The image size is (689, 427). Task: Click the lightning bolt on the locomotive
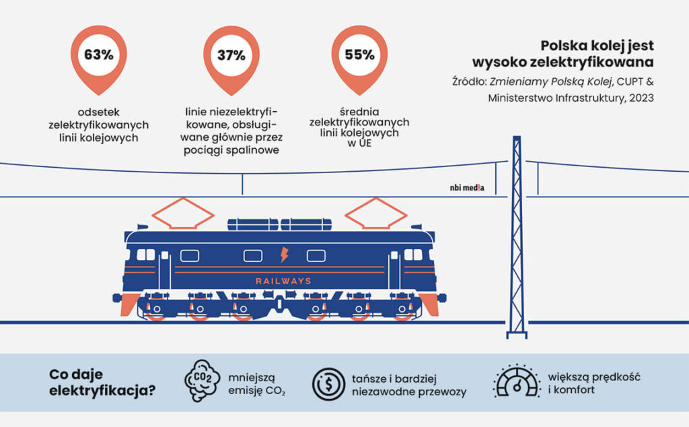283,255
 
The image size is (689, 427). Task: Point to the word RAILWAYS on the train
283,281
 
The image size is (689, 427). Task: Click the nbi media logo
468,189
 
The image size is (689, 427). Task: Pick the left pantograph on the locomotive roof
182,213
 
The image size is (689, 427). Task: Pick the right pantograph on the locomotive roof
375,213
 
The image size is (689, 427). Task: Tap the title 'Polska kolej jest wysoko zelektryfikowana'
597,55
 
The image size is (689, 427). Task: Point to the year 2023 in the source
639,98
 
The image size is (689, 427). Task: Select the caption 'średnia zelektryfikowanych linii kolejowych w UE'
359,127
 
